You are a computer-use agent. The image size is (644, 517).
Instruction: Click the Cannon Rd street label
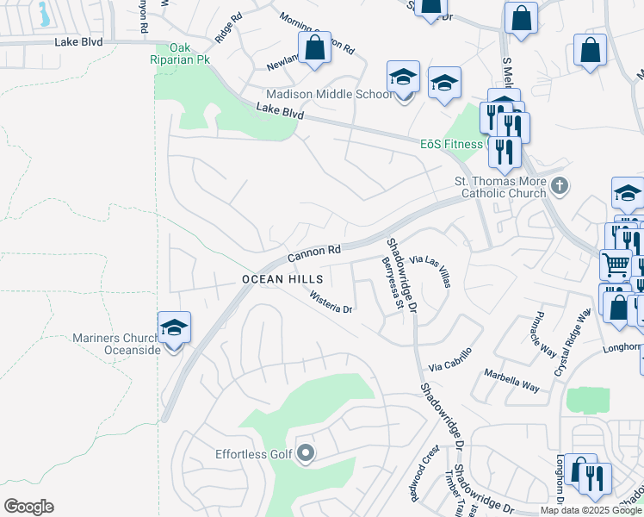pos(314,252)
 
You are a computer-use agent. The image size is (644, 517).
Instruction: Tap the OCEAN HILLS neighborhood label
pos(282,279)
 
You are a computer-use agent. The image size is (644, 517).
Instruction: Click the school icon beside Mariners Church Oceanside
pos(174,329)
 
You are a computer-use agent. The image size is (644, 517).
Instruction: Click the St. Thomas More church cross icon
pos(560,184)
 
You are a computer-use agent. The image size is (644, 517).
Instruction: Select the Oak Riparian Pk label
pos(179,53)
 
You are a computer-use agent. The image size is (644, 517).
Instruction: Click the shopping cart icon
pos(615,265)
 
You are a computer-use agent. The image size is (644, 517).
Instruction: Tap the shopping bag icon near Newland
pos(315,48)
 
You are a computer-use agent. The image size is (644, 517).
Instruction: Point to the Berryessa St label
pos(393,283)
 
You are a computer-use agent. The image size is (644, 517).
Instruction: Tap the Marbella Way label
pos(511,381)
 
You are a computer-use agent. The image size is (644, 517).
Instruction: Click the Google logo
pos(29,507)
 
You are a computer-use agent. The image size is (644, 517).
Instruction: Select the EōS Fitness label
pos(450,144)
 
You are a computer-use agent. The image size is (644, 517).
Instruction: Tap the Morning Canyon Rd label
pos(319,33)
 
